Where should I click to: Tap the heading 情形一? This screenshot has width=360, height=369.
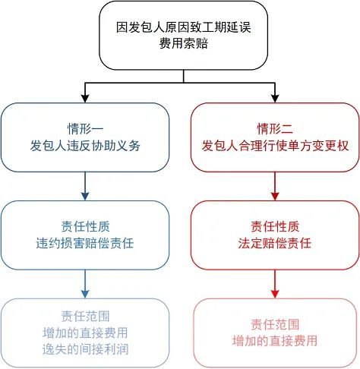(x=86, y=127)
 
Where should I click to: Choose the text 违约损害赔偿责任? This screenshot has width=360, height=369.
(x=86, y=244)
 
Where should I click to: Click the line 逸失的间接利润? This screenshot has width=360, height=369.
(x=86, y=349)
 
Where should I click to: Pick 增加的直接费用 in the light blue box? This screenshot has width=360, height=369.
(x=86, y=332)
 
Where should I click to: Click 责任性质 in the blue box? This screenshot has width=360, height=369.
(x=86, y=225)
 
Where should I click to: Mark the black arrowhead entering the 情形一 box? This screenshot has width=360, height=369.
(x=86, y=98)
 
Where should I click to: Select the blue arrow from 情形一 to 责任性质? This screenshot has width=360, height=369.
(x=86, y=184)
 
